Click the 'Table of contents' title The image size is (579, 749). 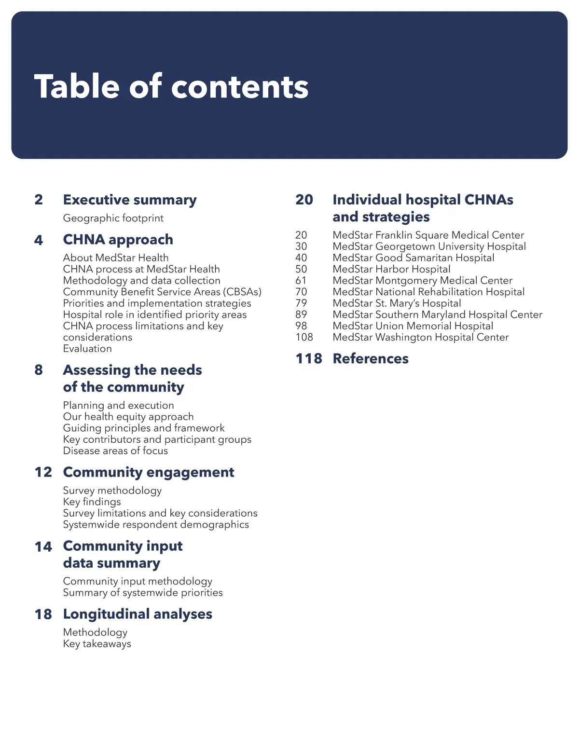171,87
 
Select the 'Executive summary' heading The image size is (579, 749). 130,200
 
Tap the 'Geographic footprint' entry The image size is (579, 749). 113,218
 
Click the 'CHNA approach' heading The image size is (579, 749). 118,240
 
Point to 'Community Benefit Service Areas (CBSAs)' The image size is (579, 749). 162,292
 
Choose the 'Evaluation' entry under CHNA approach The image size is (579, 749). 87,349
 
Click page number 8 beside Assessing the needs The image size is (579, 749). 39,370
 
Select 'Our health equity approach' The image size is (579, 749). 128,417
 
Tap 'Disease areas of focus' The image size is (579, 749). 115,451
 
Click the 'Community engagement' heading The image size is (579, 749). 149,472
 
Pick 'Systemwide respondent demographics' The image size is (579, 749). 156,525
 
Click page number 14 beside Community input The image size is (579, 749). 43,546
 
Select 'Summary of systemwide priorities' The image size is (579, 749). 143,593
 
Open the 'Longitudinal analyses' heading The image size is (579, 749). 138,614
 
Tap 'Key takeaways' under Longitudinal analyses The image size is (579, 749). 97,644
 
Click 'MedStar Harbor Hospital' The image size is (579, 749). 391,269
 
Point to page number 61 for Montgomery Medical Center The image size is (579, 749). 301,281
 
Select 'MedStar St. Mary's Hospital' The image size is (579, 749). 397,303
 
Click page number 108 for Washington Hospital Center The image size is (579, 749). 304,337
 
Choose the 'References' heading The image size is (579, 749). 371,359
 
